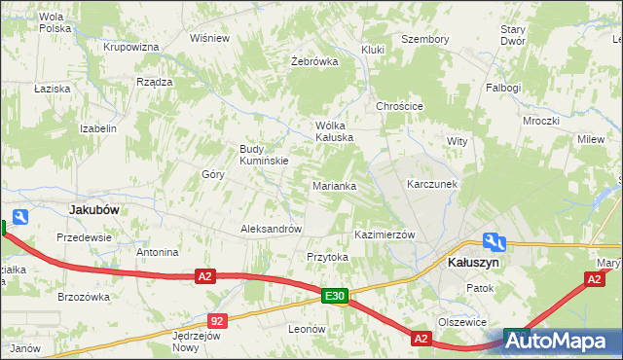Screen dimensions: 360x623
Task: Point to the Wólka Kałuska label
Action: pos(332,131)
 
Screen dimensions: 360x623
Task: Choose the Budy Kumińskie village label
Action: pos(263,155)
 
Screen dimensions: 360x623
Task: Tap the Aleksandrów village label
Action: pos(271,229)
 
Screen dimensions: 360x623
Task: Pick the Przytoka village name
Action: pos(327,257)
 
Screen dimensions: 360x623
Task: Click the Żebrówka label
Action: pos(314,61)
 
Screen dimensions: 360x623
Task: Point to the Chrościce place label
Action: pos(399,106)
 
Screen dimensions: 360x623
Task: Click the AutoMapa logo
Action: pos(562,342)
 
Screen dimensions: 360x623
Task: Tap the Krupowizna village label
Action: pos(130,47)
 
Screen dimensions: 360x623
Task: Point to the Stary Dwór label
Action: pos(512,35)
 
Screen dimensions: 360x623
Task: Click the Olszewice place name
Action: pos(461,322)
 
